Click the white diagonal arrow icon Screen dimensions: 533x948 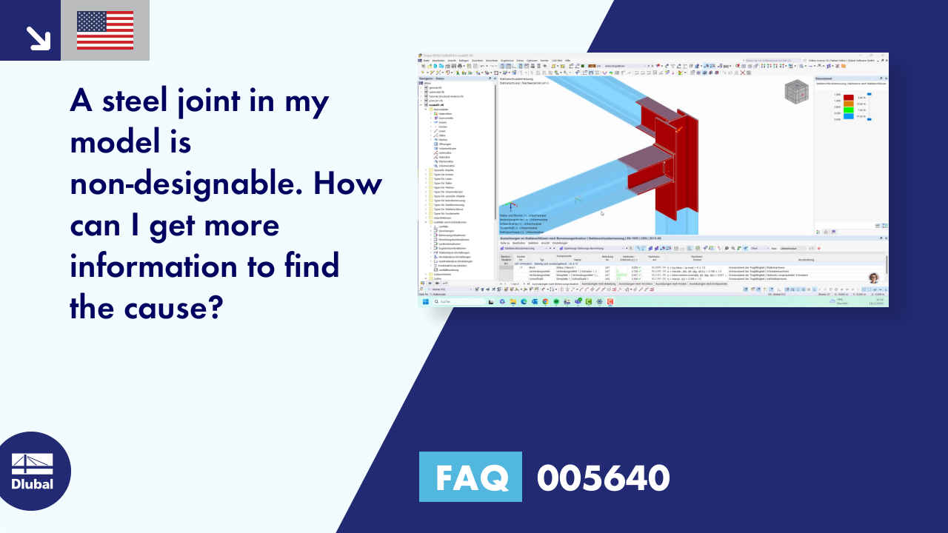click(37, 38)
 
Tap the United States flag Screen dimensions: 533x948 click(105, 30)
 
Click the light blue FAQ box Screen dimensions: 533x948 click(470, 477)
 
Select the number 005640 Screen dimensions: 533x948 click(603, 477)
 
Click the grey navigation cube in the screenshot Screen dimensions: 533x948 click(796, 91)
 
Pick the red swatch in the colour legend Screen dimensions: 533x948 click(848, 97)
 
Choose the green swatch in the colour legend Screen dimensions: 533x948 click(848, 110)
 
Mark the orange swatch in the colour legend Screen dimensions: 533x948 click(848, 104)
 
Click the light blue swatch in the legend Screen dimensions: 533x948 click(848, 116)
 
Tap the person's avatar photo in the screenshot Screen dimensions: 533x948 click(873, 278)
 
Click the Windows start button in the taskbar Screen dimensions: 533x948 click(426, 302)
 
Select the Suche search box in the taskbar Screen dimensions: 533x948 click(458, 302)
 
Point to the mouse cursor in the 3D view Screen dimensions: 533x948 click(601, 213)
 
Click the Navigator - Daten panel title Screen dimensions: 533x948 click(432, 78)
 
